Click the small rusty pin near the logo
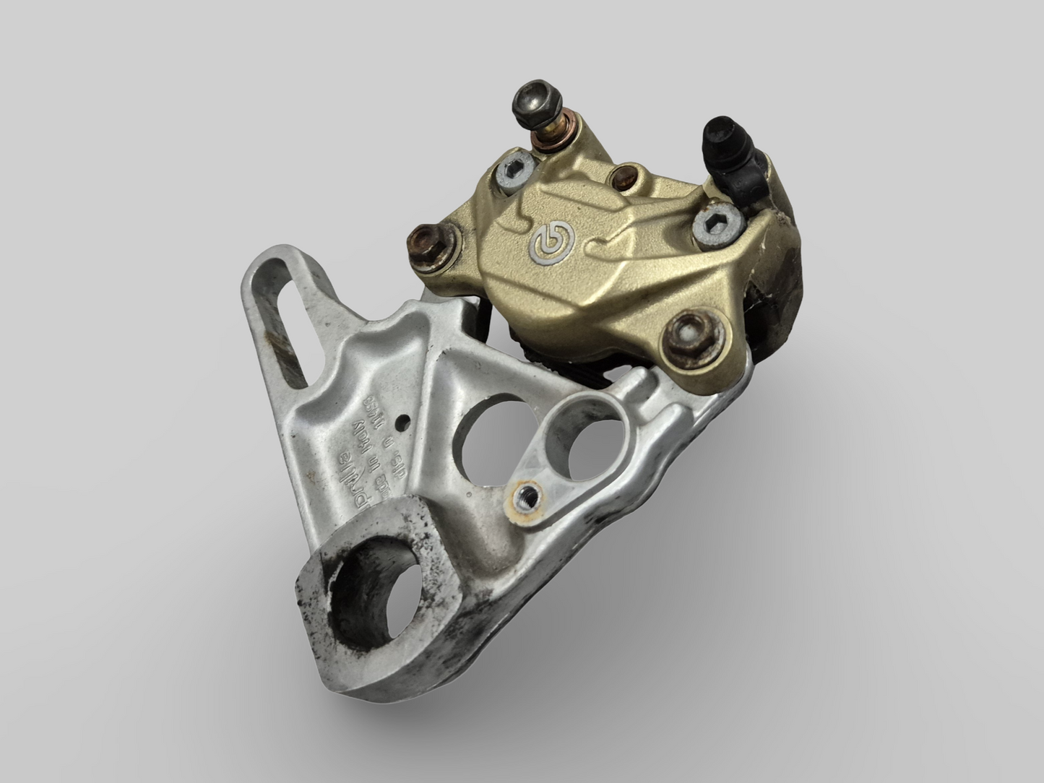coord(626,176)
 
